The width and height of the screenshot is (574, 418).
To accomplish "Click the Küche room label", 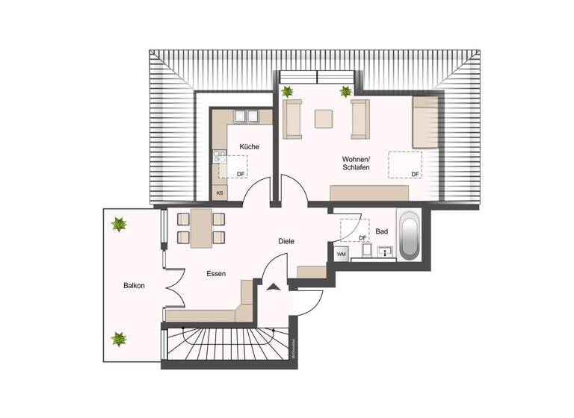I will pos(249,146).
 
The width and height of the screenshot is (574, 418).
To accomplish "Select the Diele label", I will pos(286,241).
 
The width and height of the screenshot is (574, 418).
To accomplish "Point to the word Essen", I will pos(216,274).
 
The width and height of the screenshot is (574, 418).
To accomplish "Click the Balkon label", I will pos(135,286).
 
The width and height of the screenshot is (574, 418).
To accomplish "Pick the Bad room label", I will pos(381,231).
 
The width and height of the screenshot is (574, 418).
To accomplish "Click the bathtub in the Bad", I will pos(408,236).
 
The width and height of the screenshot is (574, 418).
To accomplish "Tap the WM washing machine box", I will pos(341,255).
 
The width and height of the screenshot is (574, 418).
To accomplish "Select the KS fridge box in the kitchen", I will pos(220,193).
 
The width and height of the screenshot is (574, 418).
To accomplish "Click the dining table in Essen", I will pos(201,228).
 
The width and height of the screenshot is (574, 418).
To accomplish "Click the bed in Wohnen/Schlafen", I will pos(427,122).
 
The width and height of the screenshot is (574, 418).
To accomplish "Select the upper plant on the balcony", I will pos(118,223).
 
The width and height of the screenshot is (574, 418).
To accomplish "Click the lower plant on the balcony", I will pos(119,339).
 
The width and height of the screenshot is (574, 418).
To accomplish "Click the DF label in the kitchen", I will pos(240,174).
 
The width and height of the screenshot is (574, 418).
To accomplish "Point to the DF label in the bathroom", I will pos(362,238).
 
